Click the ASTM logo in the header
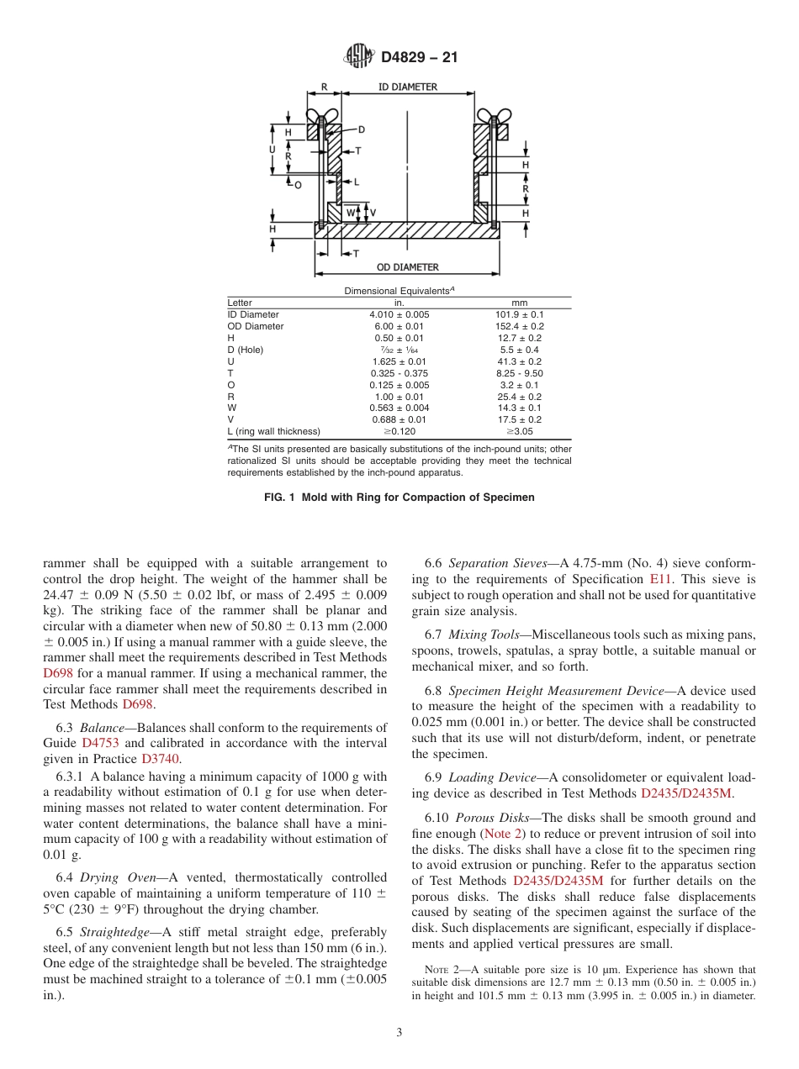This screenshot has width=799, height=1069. point(359,57)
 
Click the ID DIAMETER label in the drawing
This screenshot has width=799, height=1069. point(407,87)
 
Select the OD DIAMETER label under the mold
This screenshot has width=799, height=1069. point(407,267)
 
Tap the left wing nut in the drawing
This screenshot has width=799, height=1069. point(322,115)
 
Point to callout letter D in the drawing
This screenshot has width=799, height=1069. point(362,130)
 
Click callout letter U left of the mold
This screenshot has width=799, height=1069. point(272,150)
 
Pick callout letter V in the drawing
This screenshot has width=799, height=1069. point(373,213)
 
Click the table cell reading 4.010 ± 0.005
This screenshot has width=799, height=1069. point(399,314)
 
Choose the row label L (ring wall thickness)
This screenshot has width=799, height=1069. point(273,431)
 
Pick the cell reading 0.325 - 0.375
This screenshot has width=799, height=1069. point(399,373)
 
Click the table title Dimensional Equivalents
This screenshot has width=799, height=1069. point(399,290)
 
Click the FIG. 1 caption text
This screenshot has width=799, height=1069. point(399,498)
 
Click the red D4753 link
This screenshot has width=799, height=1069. point(98,743)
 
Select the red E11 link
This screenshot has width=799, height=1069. point(660,579)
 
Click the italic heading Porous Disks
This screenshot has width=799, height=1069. point(490,818)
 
